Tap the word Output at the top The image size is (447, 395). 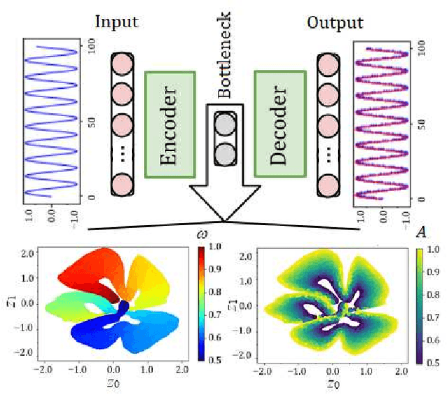tap(335, 22)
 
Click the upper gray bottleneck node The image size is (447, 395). tap(224, 127)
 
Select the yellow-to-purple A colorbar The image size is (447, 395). tap(419, 304)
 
